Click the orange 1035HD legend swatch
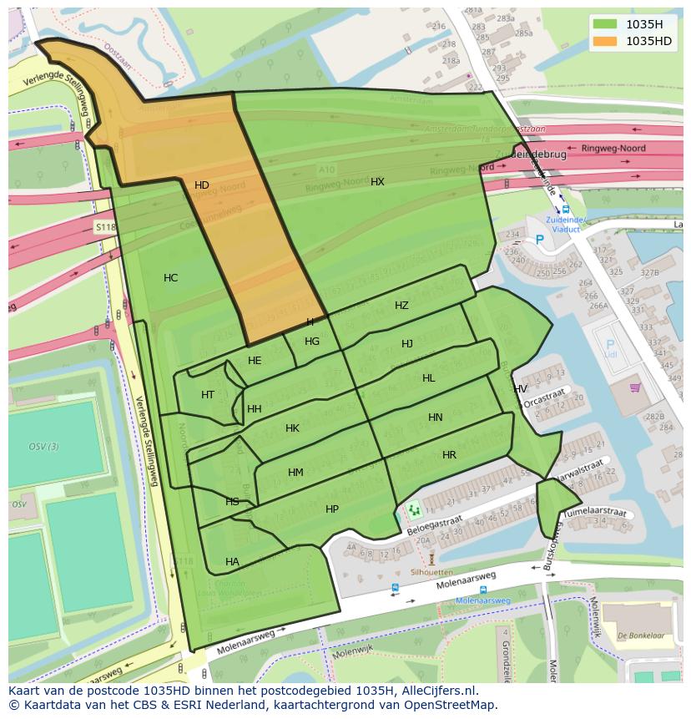click(x=605, y=41)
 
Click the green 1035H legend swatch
click(x=605, y=24)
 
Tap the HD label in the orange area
click(x=202, y=185)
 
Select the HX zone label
click(x=377, y=182)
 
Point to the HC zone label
click(x=170, y=278)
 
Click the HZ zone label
click(x=401, y=306)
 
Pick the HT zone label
click(x=208, y=395)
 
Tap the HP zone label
click(x=332, y=509)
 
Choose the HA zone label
click(x=232, y=562)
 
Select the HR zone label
click(x=449, y=455)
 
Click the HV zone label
click(x=520, y=389)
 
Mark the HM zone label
click(x=295, y=473)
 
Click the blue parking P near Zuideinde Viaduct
click(x=539, y=240)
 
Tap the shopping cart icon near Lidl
click(x=635, y=387)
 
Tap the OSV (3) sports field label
click(x=43, y=447)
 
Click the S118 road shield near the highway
click(x=105, y=227)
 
